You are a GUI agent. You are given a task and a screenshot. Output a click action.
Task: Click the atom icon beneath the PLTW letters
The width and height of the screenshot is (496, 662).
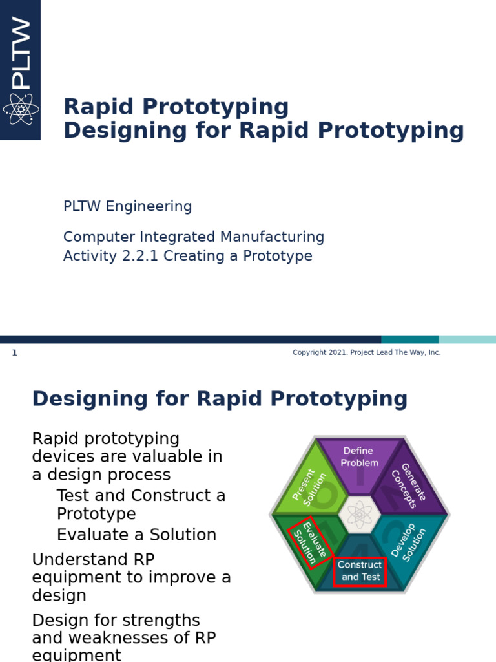point(21,109)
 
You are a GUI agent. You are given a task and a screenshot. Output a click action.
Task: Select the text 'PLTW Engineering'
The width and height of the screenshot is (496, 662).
point(127,206)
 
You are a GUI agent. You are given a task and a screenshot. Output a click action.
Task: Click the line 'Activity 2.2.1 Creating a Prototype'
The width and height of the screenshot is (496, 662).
point(187,256)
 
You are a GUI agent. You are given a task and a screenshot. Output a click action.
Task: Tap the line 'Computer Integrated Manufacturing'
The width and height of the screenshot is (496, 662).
point(193,237)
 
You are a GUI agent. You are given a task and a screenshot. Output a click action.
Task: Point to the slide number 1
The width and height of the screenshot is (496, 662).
point(15,353)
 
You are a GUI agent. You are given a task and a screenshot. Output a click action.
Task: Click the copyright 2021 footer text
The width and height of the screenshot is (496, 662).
point(366,352)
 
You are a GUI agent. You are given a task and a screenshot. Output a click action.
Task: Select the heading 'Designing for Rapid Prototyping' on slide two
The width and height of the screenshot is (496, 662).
point(220,399)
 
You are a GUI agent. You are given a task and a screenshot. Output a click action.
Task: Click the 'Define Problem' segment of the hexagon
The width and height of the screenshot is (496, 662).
point(360,457)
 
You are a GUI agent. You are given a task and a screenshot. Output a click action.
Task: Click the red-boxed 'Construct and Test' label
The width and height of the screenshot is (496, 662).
point(360,571)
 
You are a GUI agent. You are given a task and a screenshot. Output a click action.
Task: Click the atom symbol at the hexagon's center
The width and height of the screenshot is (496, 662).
point(359,515)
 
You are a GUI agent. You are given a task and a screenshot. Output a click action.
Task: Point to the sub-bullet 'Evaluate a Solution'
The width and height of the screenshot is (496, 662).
point(136,535)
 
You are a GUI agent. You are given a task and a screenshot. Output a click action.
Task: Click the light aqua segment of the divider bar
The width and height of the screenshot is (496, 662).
point(467,339)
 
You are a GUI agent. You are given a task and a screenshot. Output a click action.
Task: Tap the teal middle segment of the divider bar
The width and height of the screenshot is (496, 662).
point(409,339)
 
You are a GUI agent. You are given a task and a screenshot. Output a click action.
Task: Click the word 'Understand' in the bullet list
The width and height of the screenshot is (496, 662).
point(77,559)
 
